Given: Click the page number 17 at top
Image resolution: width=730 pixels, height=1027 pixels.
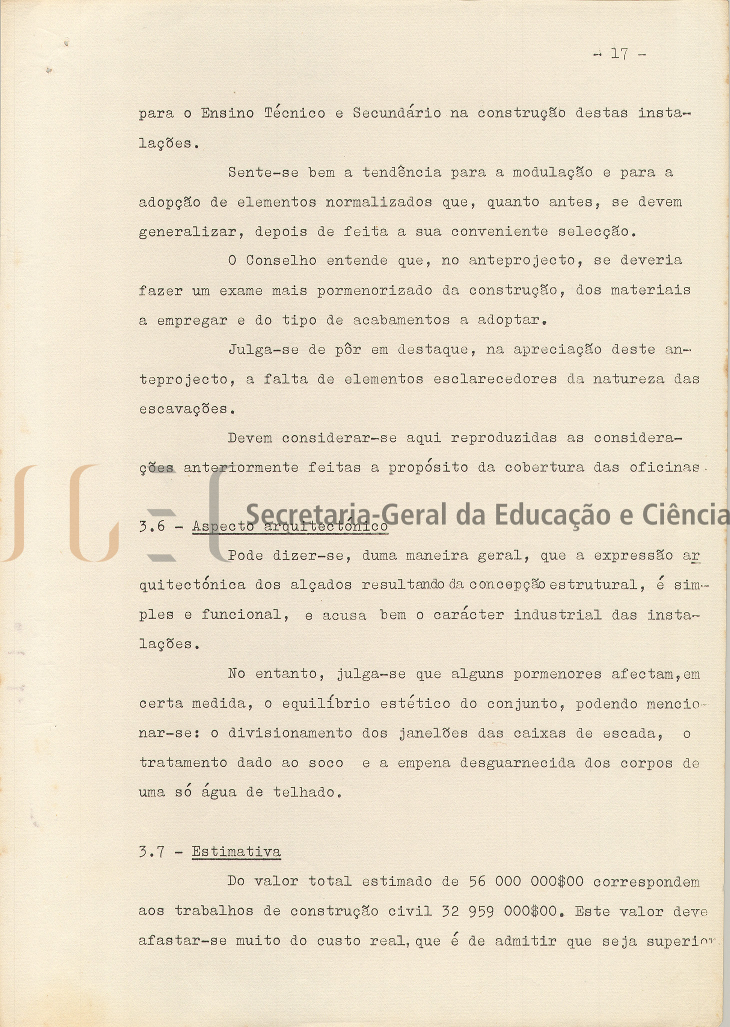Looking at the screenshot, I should coord(619,54).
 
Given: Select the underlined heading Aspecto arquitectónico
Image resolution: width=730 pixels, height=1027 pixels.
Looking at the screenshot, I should coord(290,526).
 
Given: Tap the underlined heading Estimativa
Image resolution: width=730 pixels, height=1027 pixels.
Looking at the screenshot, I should coord(236,851).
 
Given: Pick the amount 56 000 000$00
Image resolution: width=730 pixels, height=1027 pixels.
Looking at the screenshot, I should coord(526,881).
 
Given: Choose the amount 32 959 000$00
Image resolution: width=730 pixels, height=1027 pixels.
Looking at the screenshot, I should coord(500,911).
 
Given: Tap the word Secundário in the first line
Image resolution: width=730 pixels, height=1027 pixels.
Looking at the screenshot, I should coord(396,113).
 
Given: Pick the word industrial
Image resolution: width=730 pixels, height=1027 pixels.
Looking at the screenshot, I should coord(557,615).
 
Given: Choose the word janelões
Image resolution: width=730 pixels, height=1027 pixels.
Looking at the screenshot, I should coord(433,733).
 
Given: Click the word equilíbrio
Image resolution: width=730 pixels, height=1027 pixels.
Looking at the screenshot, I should coord(325,704).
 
